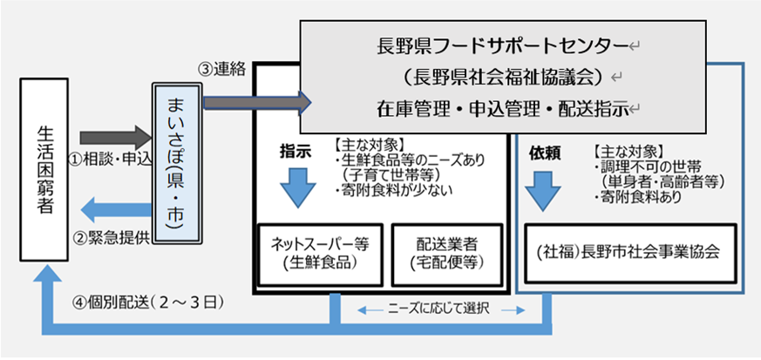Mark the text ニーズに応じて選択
[x=441, y=309]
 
